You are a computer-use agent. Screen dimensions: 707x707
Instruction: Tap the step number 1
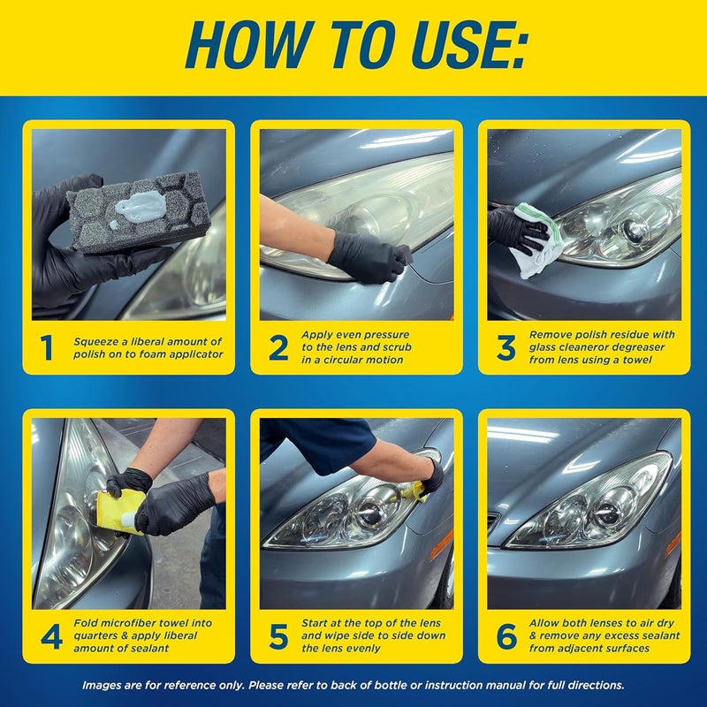tap(48, 348)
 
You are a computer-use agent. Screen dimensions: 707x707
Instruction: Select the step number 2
tap(277, 348)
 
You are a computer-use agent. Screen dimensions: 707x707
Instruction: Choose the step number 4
tap(50, 636)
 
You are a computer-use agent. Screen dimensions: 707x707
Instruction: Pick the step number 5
tap(277, 636)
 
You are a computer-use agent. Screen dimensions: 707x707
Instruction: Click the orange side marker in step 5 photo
tap(441, 544)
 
